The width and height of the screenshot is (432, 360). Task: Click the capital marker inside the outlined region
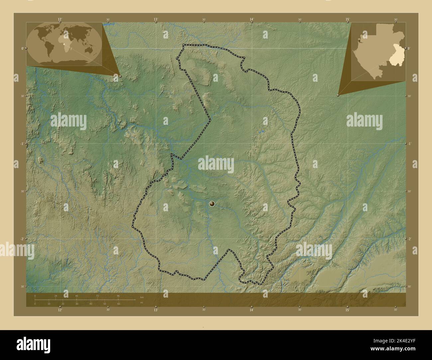tap(212, 204)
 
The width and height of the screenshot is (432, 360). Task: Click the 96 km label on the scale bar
tap(118, 296)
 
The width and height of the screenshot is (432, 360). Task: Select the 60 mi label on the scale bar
tap(118, 304)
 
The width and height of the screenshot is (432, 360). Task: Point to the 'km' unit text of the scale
tap(142, 297)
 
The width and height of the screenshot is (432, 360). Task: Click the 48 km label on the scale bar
tap(76, 296)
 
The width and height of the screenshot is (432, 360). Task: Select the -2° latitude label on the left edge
tap(22, 239)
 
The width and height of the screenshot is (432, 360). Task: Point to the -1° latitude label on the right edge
tap(409, 143)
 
